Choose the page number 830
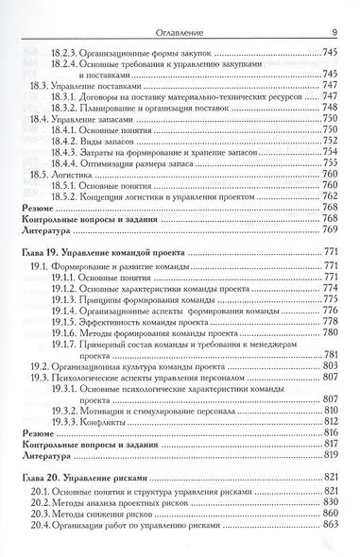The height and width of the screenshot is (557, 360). click(330, 502)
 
